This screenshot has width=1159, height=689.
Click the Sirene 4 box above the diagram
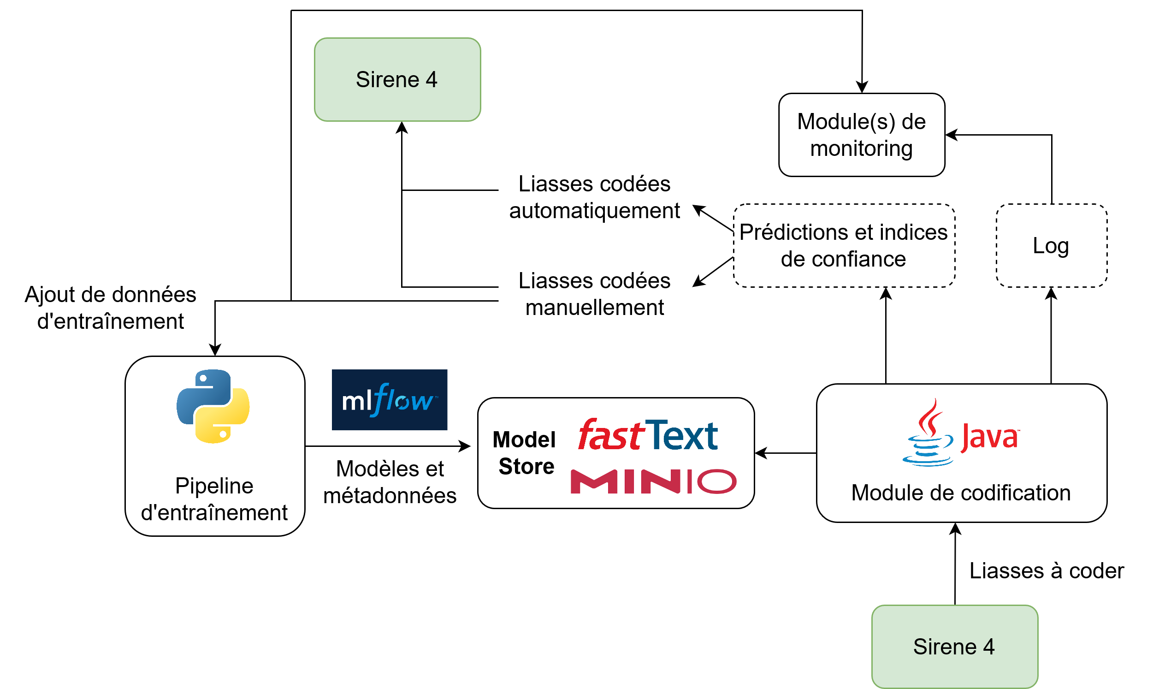tap(397, 79)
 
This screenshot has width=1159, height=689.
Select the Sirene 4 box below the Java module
tap(954, 646)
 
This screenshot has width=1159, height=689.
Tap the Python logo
tap(213, 406)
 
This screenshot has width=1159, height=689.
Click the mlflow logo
tap(389, 400)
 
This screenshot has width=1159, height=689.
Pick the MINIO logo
tap(653, 481)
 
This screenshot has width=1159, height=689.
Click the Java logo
tap(960, 433)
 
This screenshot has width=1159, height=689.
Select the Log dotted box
tap(1052, 246)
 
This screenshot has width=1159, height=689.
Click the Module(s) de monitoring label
tap(862, 135)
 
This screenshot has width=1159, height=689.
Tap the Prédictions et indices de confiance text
tap(844, 246)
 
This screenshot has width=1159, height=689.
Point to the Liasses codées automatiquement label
tap(595, 197)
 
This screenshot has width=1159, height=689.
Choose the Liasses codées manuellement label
tap(595, 294)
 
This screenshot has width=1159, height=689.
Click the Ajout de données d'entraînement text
tap(111, 308)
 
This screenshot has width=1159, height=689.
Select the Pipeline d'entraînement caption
tap(214, 499)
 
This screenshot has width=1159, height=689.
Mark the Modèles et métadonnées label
tap(390, 482)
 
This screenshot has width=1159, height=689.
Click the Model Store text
tap(526, 453)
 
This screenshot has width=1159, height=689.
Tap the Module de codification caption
tap(961, 493)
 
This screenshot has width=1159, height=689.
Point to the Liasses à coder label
tap(1047, 570)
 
